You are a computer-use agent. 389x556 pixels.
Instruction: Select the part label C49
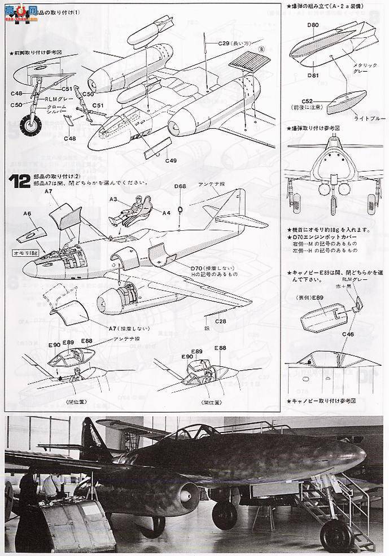coord(171,160)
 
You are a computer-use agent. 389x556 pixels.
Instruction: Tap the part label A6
coord(27,213)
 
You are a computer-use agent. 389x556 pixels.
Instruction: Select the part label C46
coord(348,335)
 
